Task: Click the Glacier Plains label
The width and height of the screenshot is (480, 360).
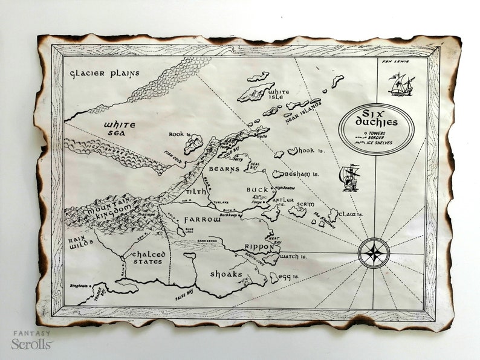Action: point(104,74)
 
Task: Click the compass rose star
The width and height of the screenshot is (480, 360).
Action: point(374,252)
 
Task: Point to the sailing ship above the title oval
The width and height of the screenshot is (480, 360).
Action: point(401,85)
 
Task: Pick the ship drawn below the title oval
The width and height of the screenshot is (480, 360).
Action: point(350,178)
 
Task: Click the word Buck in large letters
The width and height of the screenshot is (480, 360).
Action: point(257,190)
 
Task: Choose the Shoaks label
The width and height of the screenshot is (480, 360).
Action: point(226,274)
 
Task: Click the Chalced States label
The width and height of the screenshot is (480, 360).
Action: point(148,258)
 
